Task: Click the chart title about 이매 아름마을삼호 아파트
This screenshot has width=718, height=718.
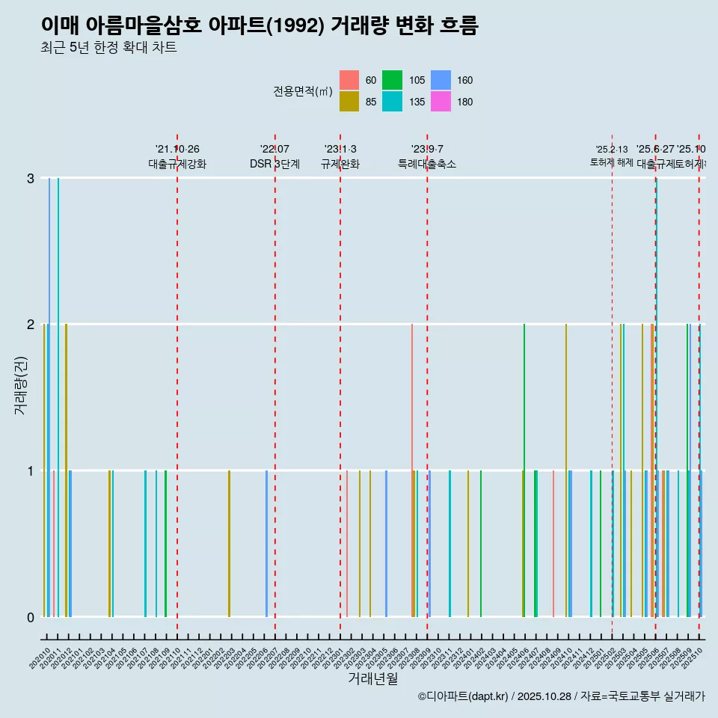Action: pos(259,26)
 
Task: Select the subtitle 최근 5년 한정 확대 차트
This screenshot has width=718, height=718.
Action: pos(108,49)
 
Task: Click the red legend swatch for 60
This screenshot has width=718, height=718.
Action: pos(349,80)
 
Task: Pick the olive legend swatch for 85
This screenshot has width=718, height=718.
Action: pos(349,102)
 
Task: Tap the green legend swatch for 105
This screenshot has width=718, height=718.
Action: pos(392,80)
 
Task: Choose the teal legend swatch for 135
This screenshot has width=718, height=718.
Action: pos(392,102)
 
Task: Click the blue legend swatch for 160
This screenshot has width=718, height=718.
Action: pos(441,80)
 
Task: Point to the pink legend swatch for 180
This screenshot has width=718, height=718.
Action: pos(441,102)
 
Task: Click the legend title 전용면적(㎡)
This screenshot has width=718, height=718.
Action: pos(302,91)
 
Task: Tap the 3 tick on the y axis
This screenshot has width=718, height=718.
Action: pos(31,178)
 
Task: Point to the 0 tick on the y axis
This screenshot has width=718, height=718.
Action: pos(31,617)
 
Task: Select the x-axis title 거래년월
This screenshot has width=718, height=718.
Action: pos(372,678)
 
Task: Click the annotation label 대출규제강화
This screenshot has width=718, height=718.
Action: pos(177,164)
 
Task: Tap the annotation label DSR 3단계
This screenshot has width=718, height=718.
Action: pos(274,164)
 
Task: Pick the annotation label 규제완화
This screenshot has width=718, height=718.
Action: pos(340,164)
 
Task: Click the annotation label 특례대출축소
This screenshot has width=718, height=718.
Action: pos(426,164)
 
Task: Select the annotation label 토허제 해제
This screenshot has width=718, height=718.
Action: pos(611,162)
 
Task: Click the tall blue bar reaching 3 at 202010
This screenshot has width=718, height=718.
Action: pos(49,396)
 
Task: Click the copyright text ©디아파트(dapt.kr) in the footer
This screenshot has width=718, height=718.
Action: pos(463,696)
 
